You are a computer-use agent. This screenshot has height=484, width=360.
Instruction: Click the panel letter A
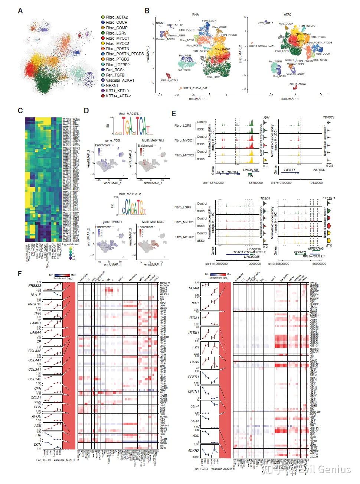click(x=20, y=11)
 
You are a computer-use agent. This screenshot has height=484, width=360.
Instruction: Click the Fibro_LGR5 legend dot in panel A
click(x=103, y=33)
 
